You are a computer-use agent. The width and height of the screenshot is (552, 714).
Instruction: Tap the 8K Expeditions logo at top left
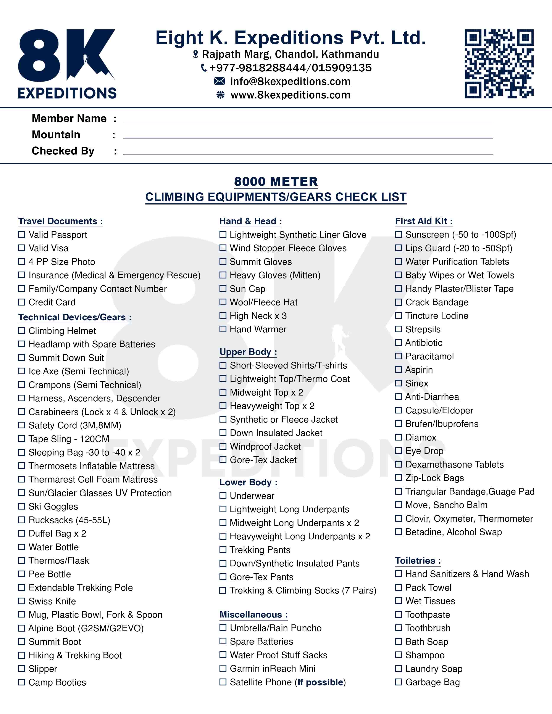click(67, 64)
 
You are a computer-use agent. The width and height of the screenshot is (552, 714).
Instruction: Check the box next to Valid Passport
click(22, 234)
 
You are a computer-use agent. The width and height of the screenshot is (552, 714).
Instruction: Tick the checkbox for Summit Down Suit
click(22, 358)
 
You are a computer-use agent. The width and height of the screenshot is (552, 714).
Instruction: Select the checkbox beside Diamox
click(398, 437)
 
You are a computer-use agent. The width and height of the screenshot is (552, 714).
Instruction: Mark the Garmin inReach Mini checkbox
click(223, 668)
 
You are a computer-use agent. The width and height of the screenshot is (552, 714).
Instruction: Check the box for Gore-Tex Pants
click(223, 577)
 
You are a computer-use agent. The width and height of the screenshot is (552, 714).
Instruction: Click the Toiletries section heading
click(418, 561)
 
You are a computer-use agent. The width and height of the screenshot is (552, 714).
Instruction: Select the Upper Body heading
click(248, 352)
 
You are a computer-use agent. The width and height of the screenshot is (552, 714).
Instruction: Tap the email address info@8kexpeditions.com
click(290, 81)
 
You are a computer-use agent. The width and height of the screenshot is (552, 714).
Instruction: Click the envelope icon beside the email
click(220, 81)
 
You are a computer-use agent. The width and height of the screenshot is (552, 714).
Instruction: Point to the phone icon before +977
click(204, 68)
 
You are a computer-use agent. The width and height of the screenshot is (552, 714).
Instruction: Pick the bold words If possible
click(320, 682)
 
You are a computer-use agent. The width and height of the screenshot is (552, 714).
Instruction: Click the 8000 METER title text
click(276, 182)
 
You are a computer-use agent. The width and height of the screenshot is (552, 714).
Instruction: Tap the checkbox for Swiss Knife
click(22, 601)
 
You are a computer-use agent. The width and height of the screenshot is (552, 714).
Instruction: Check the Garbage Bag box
click(398, 682)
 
